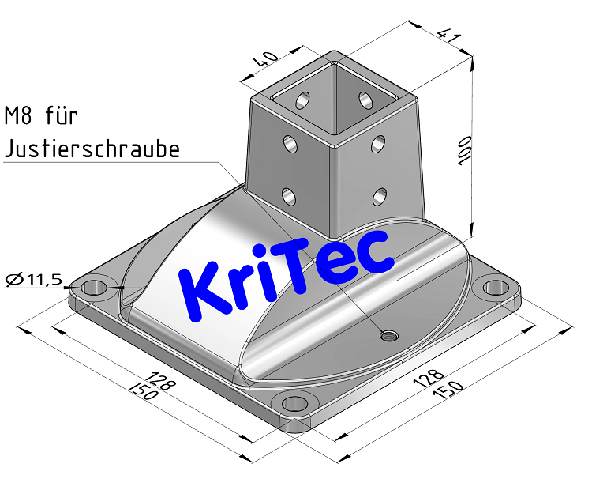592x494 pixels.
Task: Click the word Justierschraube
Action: pos(92,149)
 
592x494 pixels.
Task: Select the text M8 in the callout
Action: pos(19,117)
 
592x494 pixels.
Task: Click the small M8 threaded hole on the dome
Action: pos(388,335)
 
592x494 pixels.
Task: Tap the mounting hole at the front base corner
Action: pos(295,404)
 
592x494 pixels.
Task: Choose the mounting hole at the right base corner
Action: pos(496,287)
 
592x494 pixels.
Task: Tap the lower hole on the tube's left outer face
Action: pos(289,194)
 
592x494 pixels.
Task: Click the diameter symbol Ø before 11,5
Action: pos(13,279)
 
